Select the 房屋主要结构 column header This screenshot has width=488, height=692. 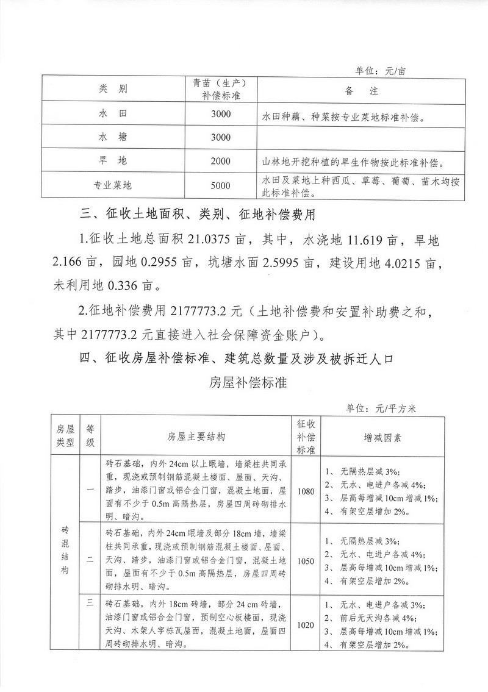[196, 437]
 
